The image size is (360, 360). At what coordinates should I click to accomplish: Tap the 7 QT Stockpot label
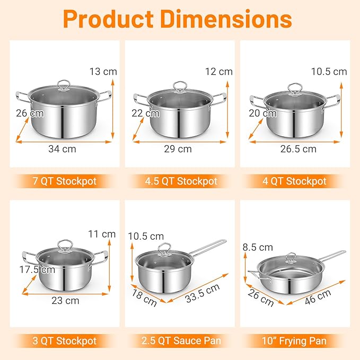pos(65,181)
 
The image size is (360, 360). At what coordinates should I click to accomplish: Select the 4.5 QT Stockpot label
pos(181,181)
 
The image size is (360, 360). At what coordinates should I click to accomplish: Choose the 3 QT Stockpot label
pos(65,340)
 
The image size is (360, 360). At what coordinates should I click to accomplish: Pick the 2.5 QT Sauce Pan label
pos(181,340)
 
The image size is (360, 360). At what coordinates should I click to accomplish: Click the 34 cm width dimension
pos(62,149)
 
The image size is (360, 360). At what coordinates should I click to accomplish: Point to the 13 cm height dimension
pos(104,71)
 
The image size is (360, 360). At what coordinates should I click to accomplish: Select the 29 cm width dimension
pos(178,149)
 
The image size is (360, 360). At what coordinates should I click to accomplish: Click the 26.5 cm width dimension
pos(298,149)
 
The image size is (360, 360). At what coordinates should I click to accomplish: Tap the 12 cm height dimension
pos(219,71)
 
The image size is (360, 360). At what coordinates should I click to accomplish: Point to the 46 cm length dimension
pos(318,299)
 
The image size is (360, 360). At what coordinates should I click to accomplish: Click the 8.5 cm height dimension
pos(258,247)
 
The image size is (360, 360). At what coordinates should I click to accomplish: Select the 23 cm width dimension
pos(66,301)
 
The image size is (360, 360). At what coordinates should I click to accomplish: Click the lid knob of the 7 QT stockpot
pos(65,84)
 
